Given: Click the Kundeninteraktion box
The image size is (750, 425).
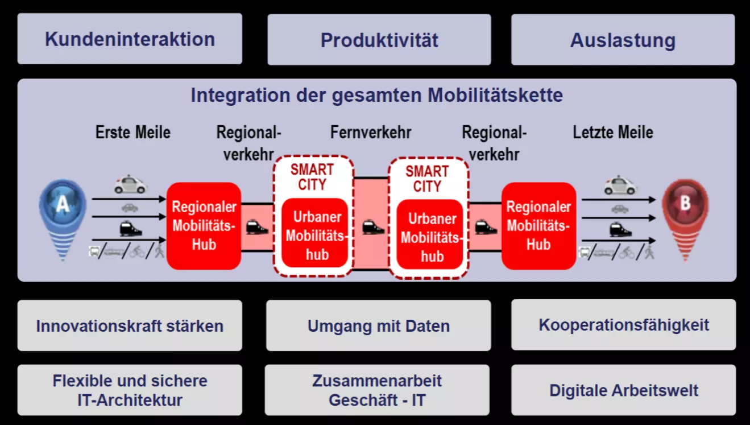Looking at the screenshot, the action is (x=130, y=39).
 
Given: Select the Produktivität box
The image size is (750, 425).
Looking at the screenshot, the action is (x=379, y=39).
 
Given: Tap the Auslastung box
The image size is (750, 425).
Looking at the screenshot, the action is (x=623, y=39).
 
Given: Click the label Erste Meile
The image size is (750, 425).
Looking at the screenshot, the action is (x=133, y=132).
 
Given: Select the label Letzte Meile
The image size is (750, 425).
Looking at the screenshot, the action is (x=613, y=132).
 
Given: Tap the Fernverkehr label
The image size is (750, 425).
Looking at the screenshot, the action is (x=371, y=132).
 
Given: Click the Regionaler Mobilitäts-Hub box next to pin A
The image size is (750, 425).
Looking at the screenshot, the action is (x=204, y=226).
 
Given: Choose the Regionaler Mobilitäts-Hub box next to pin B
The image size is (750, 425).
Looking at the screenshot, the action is (x=538, y=226).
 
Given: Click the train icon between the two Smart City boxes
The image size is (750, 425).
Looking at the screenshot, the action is (x=373, y=227).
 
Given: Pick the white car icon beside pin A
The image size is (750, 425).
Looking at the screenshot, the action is (x=130, y=184).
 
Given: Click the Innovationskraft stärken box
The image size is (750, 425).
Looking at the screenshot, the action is (x=130, y=325).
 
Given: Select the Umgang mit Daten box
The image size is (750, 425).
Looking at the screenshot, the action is (x=379, y=325).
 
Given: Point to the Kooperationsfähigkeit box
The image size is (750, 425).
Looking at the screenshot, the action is (x=623, y=324).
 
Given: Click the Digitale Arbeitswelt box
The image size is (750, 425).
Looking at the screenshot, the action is (x=623, y=390).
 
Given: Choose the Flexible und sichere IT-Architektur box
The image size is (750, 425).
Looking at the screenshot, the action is (x=130, y=390).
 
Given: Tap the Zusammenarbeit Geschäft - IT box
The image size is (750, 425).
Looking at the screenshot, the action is (x=377, y=390).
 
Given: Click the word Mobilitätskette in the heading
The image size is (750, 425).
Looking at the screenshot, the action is (x=495, y=95).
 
